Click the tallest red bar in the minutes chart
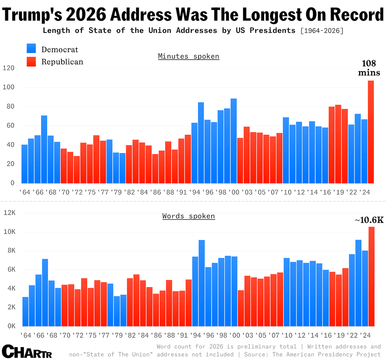tap(371, 132)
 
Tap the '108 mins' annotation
tap(369, 68)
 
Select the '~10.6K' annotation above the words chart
tap(369, 220)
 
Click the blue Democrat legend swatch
tap(31, 49)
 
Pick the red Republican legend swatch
tap(31, 62)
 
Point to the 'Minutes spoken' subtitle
tap(188, 56)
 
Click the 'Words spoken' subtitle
tap(188, 216)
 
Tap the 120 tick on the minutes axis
tap(8, 68)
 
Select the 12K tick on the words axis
tap(9, 213)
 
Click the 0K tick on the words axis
tap(11, 326)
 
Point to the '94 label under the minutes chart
tap(195, 192)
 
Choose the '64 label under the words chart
tap(25, 335)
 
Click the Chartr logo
tap(27, 351)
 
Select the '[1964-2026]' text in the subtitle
tap(322, 31)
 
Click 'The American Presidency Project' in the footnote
tap(327, 354)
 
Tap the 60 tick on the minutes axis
tap(10, 126)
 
